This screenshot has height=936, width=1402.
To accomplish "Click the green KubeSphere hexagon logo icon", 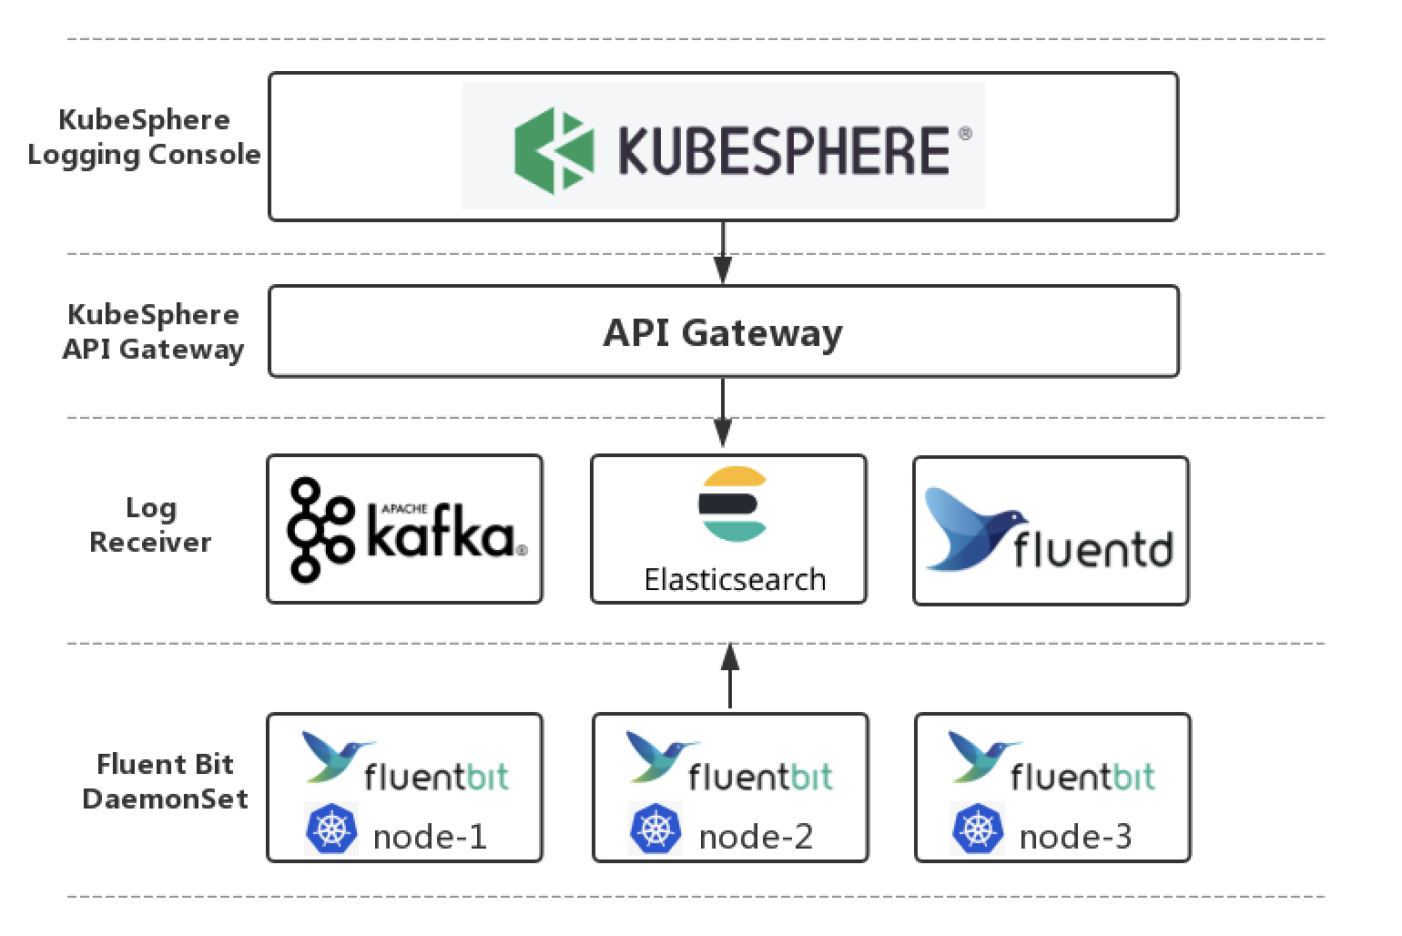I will pos(554,149).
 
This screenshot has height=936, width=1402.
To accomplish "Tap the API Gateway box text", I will pos(723,332).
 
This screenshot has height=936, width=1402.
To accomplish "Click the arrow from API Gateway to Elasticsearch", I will pos(723,412).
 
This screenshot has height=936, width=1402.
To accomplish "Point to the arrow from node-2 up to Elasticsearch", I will pos(730,675).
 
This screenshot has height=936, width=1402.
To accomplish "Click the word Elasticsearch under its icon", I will pos(735,580).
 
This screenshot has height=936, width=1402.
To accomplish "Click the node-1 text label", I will pos(430,836).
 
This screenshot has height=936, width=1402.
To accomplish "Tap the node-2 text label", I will pos(755,836).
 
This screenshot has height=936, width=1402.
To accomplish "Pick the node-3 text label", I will pos(1075,836).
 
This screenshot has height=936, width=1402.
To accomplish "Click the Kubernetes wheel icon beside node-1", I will pos(331,829).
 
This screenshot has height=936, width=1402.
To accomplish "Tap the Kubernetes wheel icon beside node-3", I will pos(977,829).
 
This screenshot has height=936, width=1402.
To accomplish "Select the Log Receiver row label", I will pos(150,525).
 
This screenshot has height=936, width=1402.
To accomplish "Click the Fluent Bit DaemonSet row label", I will pos(165,781).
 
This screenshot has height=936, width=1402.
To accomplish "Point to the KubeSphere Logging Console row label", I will pos(144,137).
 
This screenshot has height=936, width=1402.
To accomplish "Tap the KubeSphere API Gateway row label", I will pos(153,331).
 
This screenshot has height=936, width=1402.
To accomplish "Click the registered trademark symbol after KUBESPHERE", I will pos(965,134).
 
